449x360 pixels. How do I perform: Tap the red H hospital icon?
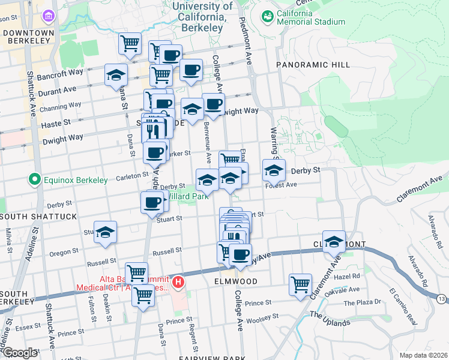[x=178, y=281]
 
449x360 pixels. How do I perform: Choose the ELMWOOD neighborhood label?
[x=235, y=281]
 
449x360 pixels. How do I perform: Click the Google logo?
[x=20, y=353]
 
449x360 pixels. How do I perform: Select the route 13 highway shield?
[x=441, y=299]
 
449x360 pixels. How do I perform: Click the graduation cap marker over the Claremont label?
[x=334, y=241]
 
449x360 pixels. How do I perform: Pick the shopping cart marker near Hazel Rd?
[x=300, y=284]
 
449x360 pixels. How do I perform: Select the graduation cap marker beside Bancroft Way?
[x=116, y=75]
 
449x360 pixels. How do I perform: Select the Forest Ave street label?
[x=282, y=185]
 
